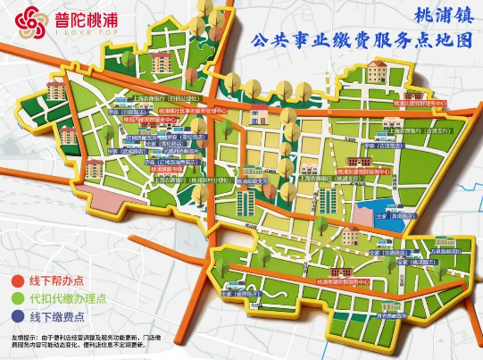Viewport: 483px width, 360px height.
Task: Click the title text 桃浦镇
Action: coord(443,15)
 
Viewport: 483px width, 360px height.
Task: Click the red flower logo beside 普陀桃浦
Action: coord(31,18)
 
